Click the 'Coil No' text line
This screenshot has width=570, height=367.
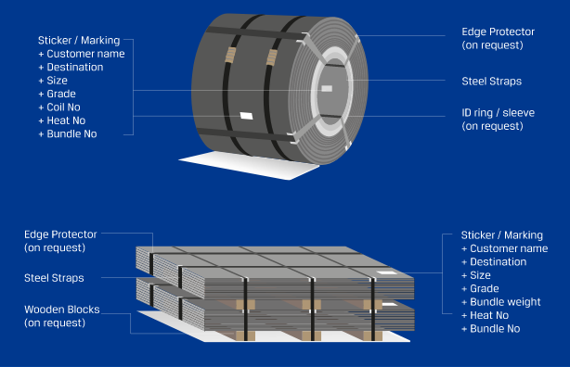tap(64, 108)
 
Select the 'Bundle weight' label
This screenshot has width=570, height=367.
tap(505, 302)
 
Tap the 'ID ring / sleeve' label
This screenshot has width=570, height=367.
tap(498, 113)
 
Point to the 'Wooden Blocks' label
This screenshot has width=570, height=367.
tap(62, 310)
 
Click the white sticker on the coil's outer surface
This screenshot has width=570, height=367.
tap(246, 116)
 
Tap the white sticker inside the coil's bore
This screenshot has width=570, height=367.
tap(327, 89)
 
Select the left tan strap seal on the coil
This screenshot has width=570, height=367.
tap(230, 56)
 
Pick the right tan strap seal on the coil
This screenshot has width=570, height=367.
tap(272, 57)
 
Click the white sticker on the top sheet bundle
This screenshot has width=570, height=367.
tap(387, 272)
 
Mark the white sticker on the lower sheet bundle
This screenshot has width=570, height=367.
tap(390, 304)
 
